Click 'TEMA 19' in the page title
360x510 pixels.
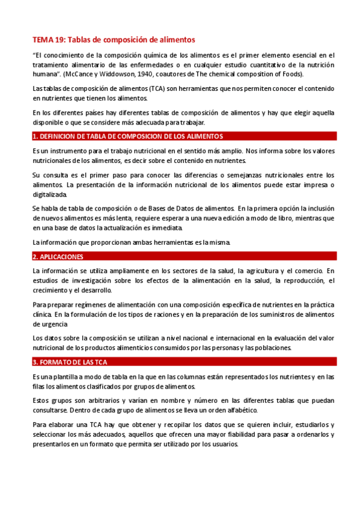point(48,40)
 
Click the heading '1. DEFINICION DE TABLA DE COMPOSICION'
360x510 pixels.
point(127,136)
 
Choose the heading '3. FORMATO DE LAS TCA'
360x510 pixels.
point(70,362)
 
